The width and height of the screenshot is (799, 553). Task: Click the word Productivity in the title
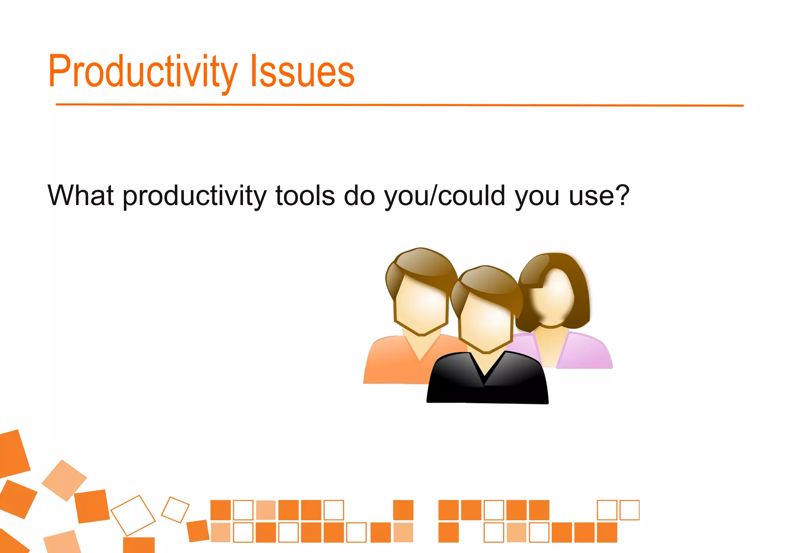(x=142, y=72)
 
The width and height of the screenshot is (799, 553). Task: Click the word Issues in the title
(x=302, y=72)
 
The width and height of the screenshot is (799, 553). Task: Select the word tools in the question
(x=305, y=195)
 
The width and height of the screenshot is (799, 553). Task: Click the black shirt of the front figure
(x=488, y=384)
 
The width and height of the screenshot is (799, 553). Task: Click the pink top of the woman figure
(x=585, y=351)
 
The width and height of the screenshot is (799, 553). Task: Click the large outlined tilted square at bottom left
(x=133, y=515)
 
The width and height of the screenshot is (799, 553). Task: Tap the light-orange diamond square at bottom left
(x=64, y=480)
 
